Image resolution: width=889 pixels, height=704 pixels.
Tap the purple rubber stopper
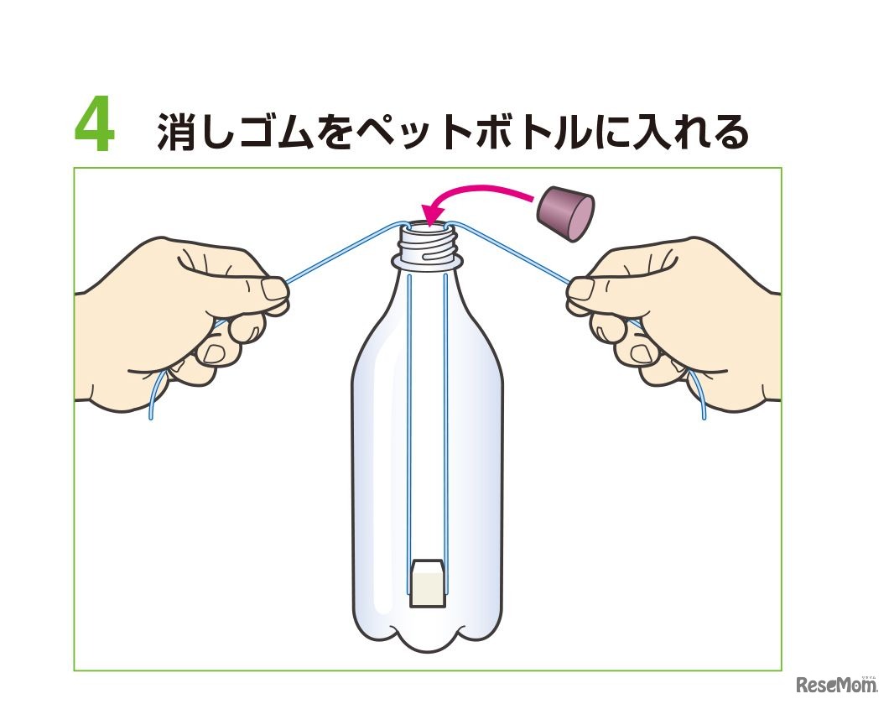(565, 212)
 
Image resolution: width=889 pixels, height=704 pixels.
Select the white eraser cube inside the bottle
(427, 583)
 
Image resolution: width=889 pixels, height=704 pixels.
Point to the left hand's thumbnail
(275, 289)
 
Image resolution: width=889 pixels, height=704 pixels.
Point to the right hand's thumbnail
(580, 289)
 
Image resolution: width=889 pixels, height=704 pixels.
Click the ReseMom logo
(837, 685)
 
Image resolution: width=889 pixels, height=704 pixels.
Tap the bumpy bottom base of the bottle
(427, 634)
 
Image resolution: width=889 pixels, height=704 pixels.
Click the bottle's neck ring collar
(427, 262)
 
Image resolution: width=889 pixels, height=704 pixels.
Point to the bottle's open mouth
(427, 227)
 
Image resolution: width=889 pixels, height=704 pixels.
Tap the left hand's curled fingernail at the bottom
(213, 355)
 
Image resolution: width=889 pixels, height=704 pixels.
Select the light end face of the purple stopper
(580, 219)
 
